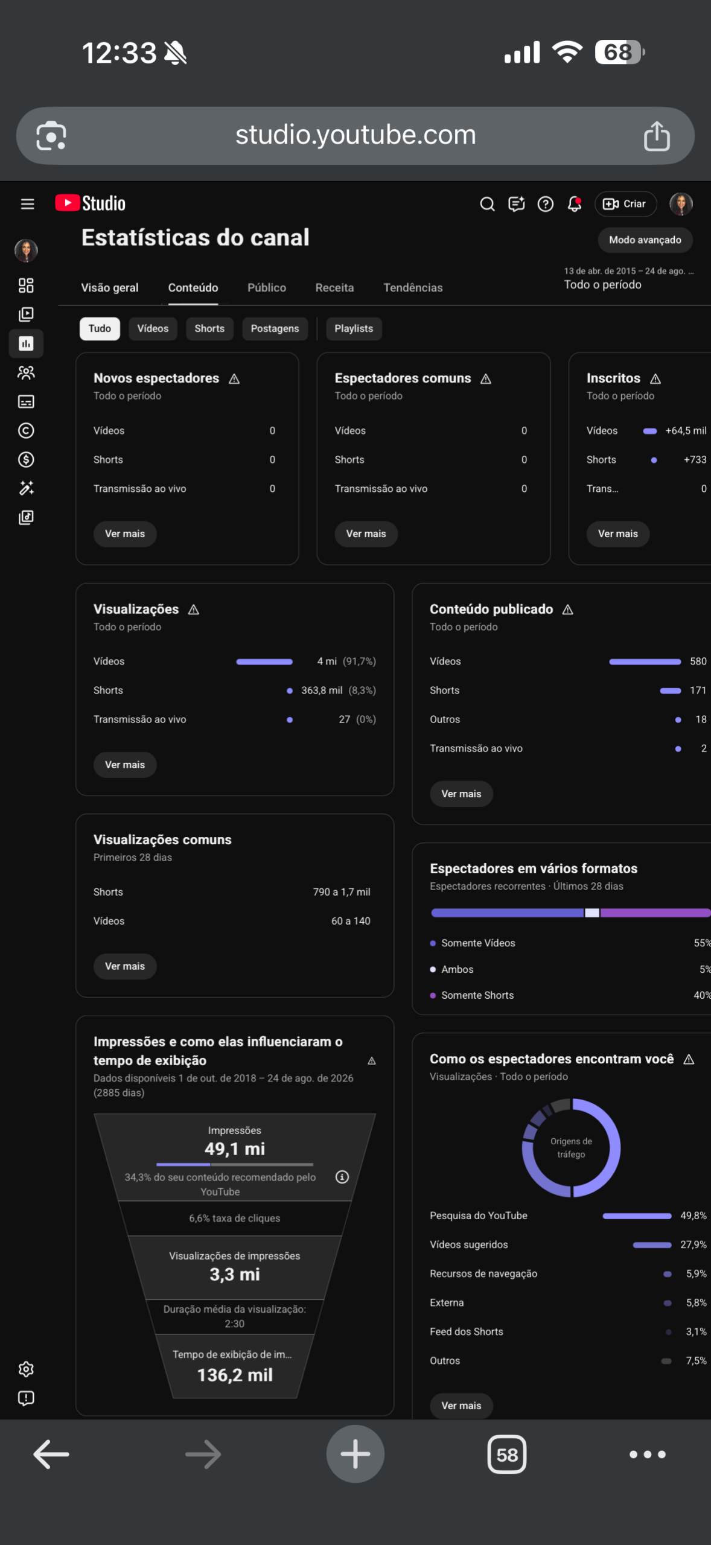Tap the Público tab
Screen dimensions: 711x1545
[267, 288]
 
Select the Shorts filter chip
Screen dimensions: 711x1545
[209, 328]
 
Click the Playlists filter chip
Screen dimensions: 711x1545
[354, 328]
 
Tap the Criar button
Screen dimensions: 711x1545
[625, 204]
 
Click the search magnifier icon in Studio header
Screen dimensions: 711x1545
[487, 204]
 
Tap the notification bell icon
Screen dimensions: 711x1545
[575, 204]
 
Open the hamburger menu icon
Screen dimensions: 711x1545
[27, 204]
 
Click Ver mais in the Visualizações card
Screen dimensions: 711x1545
[125, 765]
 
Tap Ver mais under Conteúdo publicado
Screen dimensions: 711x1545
[461, 794]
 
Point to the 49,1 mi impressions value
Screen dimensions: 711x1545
[235, 1148]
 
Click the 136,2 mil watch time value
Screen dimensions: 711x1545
[235, 1375]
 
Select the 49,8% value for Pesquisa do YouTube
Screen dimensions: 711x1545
[693, 1215]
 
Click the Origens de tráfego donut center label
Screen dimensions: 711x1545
[571, 1148]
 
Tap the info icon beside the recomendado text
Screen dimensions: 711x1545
[342, 1177]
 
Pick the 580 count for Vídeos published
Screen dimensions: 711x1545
[698, 661]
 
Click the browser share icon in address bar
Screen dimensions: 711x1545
[657, 135]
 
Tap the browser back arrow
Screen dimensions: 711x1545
[51, 1454]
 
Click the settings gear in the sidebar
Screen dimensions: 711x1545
[26, 1369]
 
